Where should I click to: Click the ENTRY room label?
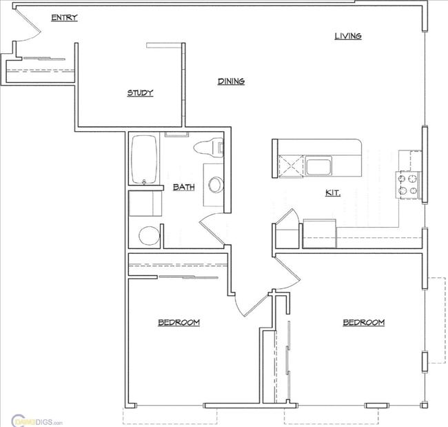[x=64, y=18]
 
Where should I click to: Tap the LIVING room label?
[x=348, y=36]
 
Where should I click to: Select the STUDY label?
[x=140, y=93]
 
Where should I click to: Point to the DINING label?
[x=232, y=81]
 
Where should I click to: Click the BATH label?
[x=184, y=187]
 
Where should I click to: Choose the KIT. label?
[x=333, y=193]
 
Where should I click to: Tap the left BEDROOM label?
[x=179, y=322]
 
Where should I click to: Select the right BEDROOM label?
[x=363, y=322]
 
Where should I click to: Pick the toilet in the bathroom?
[x=210, y=147]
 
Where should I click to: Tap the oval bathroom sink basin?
[x=216, y=185]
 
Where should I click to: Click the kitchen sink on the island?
[x=318, y=166]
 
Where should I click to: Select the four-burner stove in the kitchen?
[x=408, y=184]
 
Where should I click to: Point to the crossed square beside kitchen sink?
[x=291, y=166]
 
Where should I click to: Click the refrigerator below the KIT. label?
[x=319, y=232]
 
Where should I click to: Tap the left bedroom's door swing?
[x=251, y=304]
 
